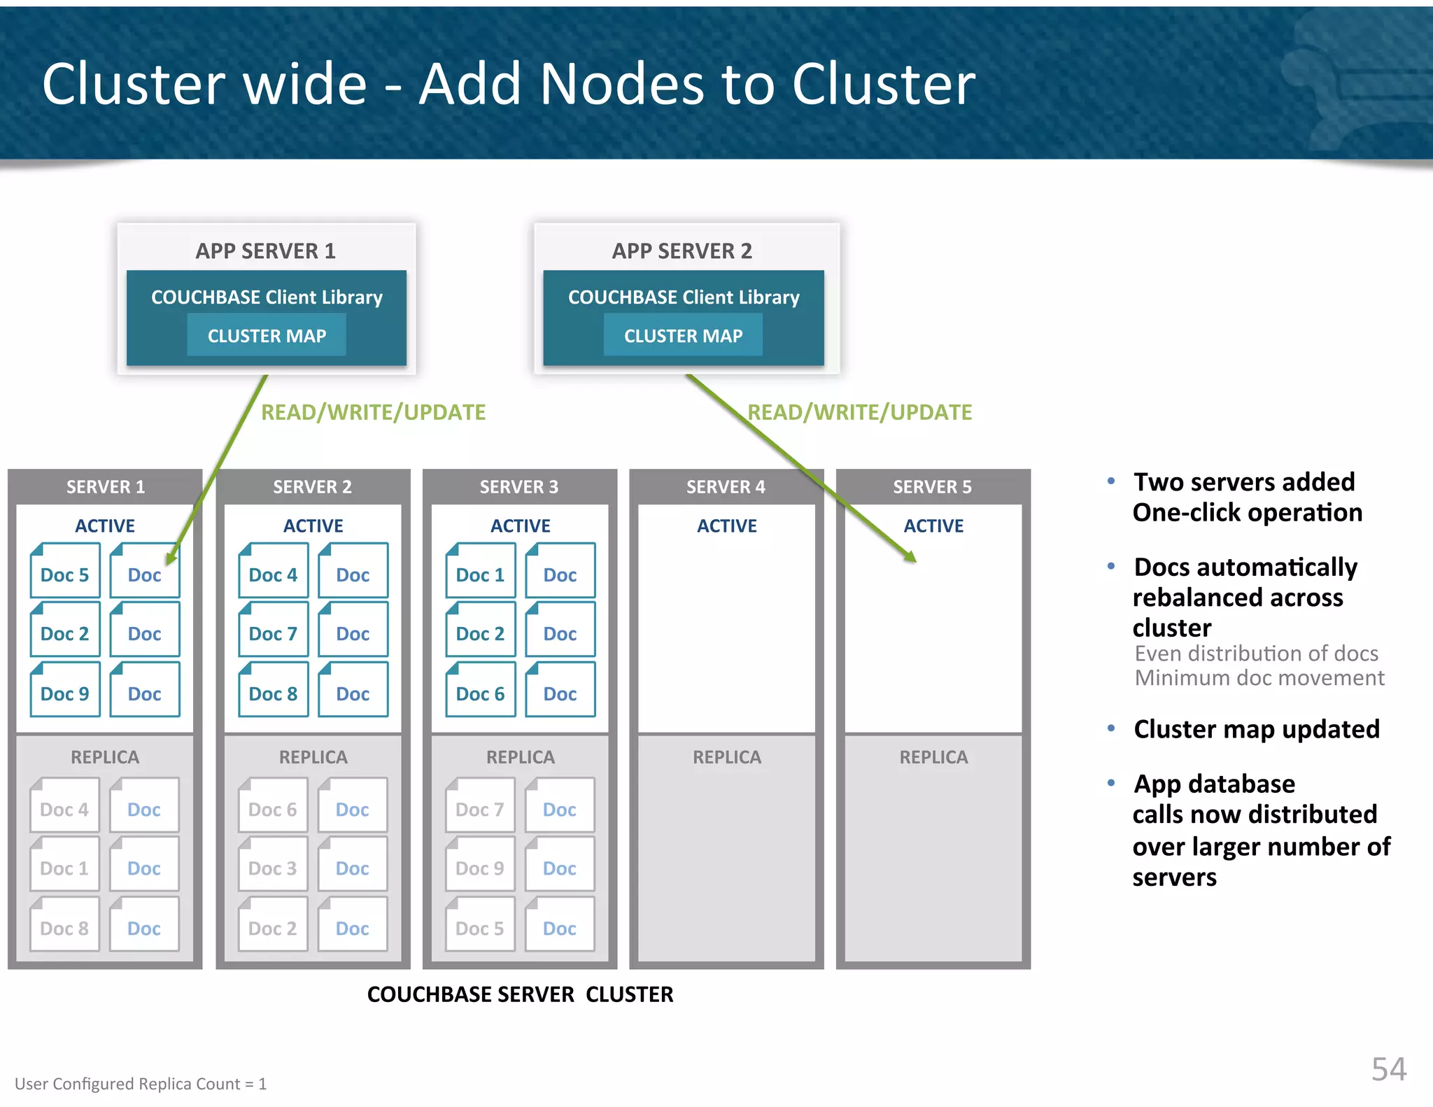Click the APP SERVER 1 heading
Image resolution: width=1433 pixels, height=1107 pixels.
(265, 251)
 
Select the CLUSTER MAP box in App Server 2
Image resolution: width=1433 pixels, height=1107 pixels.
(683, 335)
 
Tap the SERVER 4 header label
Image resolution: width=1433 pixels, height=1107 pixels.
(726, 487)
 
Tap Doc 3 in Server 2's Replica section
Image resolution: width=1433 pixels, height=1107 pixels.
(272, 865)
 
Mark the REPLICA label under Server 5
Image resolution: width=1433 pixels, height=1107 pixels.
(933, 757)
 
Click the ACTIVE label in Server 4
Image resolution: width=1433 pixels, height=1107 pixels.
(726, 526)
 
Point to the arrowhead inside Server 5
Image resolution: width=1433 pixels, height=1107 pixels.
(910, 558)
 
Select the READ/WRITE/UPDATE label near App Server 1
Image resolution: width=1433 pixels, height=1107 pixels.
(373, 412)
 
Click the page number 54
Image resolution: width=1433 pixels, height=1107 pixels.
(1388, 1069)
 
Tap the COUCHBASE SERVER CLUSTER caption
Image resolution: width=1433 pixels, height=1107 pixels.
(520, 994)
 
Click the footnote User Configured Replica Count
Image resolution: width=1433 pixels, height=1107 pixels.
(141, 1084)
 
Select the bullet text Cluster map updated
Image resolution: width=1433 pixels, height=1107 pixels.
(1256, 729)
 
